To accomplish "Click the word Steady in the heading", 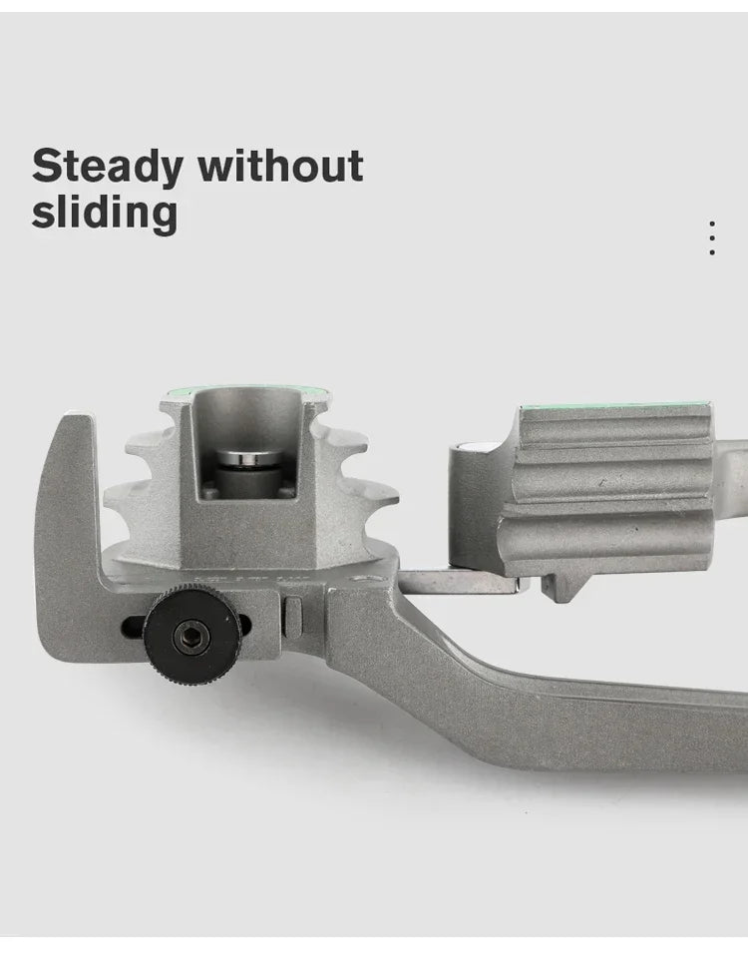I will click(x=107, y=167).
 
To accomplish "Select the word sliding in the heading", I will click(x=104, y=213).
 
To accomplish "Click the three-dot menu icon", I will click(x=711, y=239).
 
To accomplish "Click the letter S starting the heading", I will click(x=46, y=167).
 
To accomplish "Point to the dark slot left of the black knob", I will click(x=133, y=628).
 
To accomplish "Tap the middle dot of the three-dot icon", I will click(x=711, y=239).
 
